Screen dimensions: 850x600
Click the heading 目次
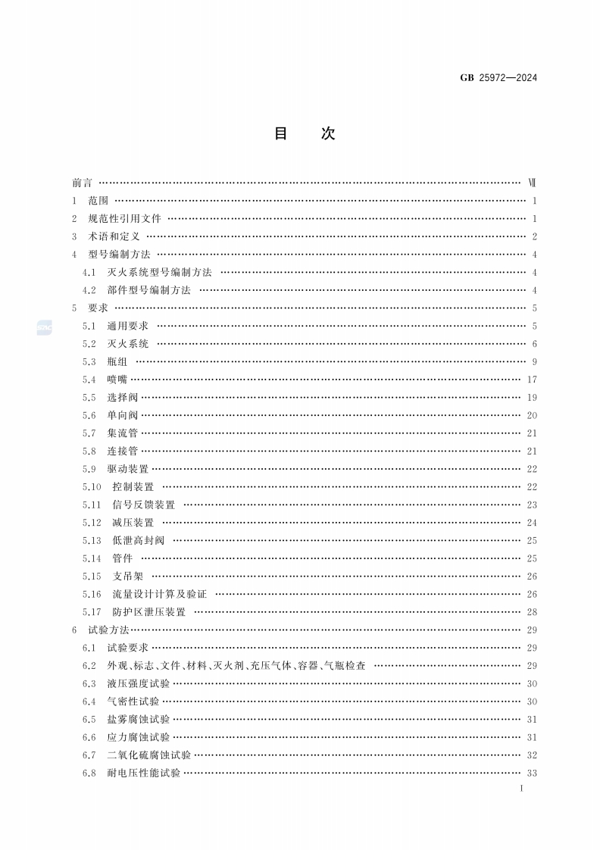coord(303,134)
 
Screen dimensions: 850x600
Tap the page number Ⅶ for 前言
coord(532,183)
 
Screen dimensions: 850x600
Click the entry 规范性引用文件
coord(124,218)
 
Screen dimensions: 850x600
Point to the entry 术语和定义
coord(114,236)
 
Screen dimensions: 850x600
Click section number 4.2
coord(89,290)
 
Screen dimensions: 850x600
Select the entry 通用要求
coord(127,326)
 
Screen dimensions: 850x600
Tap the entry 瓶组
coord(117,361)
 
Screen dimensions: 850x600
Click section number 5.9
coord(89,469)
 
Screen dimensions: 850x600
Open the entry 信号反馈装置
coord(143,505)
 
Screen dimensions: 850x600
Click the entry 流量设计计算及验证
coord(159,594)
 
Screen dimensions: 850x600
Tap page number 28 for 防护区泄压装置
coord(532,612)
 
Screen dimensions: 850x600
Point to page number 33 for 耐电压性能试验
coord(532,773)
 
